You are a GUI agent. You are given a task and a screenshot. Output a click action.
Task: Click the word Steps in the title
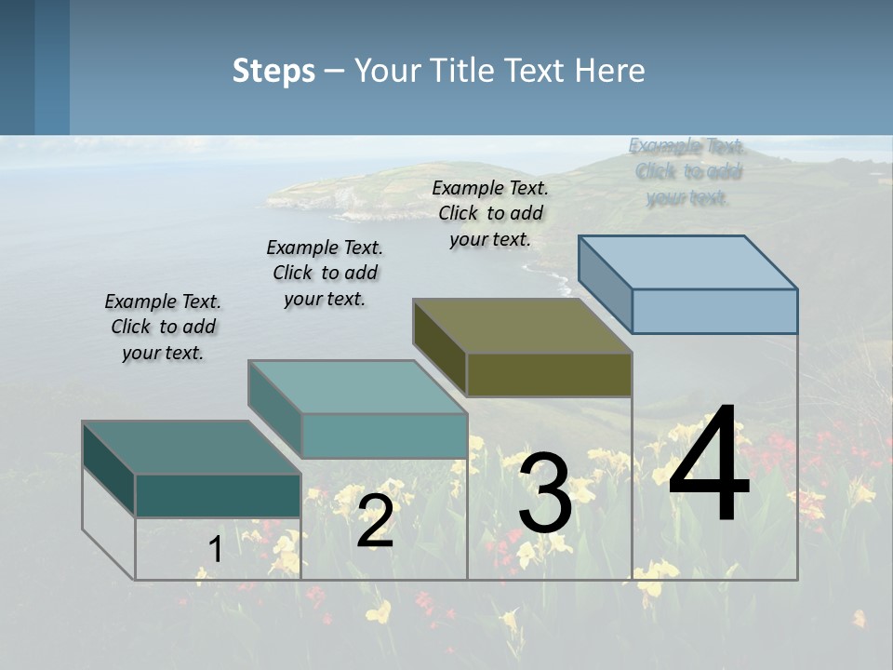pyautogui.click(x=273, y=71)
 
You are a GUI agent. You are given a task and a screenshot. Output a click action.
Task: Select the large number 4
pyautogui.click(x=709, y=465)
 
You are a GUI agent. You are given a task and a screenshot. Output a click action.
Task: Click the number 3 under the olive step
pyautogui.click(x=545, y=494)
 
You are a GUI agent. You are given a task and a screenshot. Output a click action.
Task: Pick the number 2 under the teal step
pyautogui.click(x=375, y=522)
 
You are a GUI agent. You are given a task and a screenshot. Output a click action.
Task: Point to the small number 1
pyautogui.click(x=215, y=550)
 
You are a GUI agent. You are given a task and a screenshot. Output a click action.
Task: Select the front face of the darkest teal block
pyautogui.click(x=218, y=495)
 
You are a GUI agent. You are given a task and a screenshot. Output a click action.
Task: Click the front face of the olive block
pyautogui.click(x=549, y=375)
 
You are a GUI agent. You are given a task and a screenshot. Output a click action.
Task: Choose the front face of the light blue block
pyautogui.click(x=714, y=311)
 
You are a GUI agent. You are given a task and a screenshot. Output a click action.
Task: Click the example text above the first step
pyautogui.click(x=163, y=327)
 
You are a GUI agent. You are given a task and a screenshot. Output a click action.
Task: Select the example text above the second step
pyautogui.click(x=325, y=273)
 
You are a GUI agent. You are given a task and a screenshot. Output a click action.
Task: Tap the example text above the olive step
pyautogui.click(x=490, y=213)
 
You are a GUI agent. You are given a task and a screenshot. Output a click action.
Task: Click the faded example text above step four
pyautogui.click(x=687, y=171)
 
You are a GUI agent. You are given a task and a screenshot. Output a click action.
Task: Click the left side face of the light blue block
pyautogui.click(x=606, y=283)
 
